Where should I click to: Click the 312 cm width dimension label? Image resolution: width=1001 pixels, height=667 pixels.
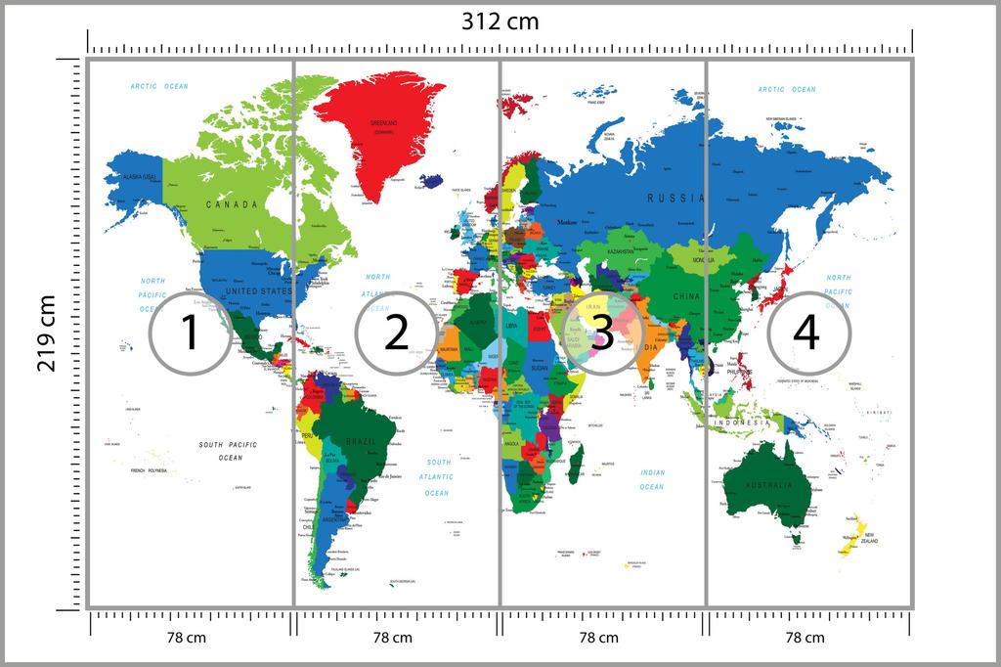click(500, 22)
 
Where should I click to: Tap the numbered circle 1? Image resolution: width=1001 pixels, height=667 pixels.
click(190, 333)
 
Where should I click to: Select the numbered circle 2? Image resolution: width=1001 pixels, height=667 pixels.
click(396, 333)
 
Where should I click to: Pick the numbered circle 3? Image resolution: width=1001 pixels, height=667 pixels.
click(602, 333)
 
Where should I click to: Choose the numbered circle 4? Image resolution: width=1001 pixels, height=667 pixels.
click(807, 333)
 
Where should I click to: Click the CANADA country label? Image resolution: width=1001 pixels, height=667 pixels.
click(232, 204)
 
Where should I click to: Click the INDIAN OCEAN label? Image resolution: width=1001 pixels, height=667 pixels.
click(652, 479)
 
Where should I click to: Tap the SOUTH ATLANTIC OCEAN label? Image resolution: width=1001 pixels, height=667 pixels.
click(437, 477)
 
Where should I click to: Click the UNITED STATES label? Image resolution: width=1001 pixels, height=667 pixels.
click(258, 291)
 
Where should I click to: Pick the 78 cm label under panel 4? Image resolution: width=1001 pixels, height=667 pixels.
click(807, 638)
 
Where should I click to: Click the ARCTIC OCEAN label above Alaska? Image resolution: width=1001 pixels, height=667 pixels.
click(159, 87)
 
